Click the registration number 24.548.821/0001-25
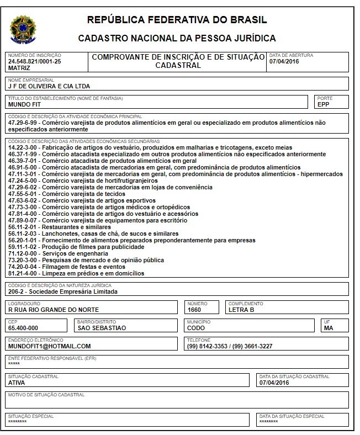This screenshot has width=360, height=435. point(34,61)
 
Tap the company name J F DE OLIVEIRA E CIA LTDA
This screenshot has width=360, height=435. point(49,86)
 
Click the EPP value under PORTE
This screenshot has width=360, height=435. point(323,104)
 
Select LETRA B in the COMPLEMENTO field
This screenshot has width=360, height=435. point(241,310)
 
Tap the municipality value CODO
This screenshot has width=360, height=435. point(196,328)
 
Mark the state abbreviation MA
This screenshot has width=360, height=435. point(328,328)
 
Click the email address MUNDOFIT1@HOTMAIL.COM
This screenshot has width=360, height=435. point(49,346)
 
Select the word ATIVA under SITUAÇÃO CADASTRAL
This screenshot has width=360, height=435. point(17,383)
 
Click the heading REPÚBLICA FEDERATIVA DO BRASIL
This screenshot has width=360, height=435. point(177,20)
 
